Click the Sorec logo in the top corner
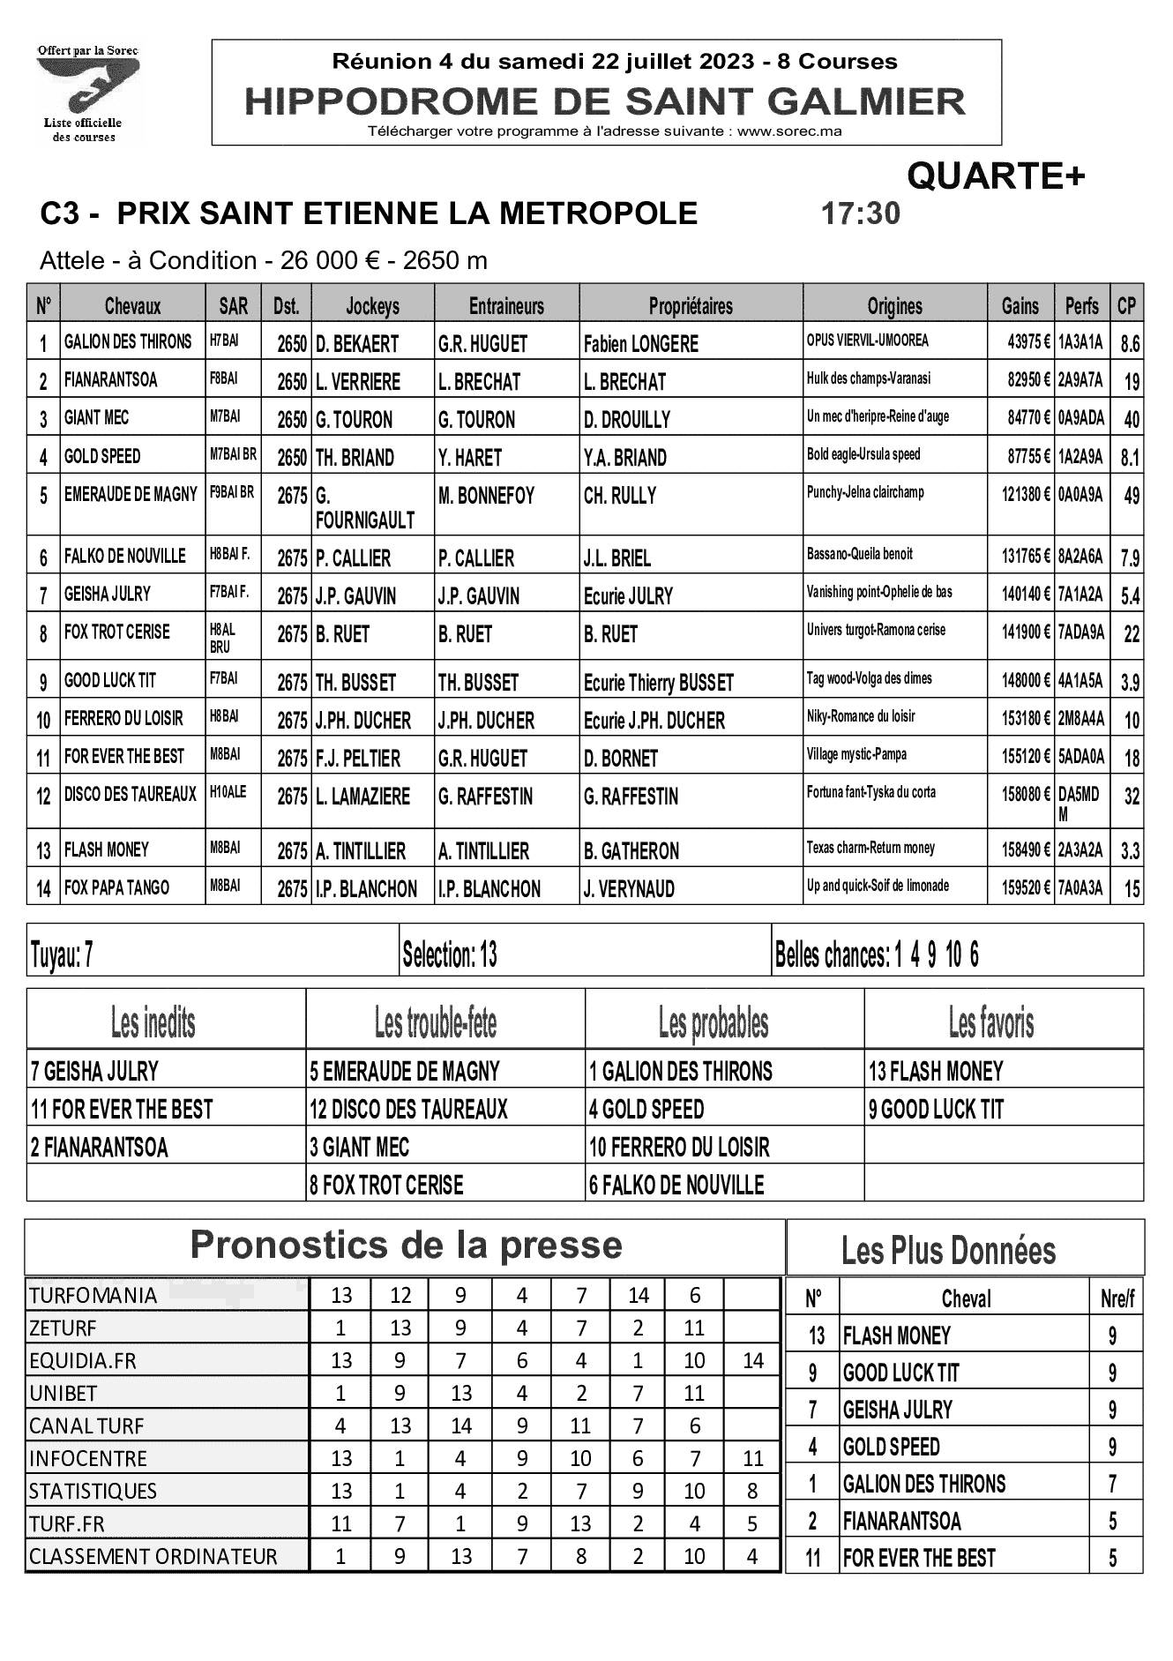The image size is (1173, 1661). pyautogui.click(x=87, y=92)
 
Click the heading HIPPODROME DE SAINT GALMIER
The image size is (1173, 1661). pyautogui.click(x=605, y=102)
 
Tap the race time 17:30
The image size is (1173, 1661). pyautogui.click(x=860, y=213)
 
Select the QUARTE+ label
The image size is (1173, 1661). pyautogui.click(x=996, y=177)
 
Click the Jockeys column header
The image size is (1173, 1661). pyautogui.click(x=372, y=306)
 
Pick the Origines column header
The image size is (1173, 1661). pyautogui.click(x=894, y=306)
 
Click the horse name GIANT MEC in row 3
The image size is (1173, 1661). pyautogui.click(x=96, y=418)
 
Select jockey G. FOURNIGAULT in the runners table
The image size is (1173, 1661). pyautogui.click(x=364, y=508)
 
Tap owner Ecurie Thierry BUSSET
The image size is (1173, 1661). pyautogui.click(x=658, y=683)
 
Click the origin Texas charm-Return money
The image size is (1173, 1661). pyautogui.click(x=870, y=849)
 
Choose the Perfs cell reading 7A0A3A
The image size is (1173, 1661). pyautogui.click(x=1080, y=887)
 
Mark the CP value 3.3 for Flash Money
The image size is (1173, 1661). pyautogui.click(x=1129, y=851)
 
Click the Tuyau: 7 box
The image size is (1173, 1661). pyautogui.click(x=212, y=955)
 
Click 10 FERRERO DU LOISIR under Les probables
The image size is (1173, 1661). pyautogui.click(x=679, y=1147)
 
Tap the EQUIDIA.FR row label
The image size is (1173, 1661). pyautogui.click(x=83, y=1360)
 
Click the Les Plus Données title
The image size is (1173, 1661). pyautogui.click(x=948, y=1250)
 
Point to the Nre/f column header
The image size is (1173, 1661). pyautogui.click(x=1117, y=1298)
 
